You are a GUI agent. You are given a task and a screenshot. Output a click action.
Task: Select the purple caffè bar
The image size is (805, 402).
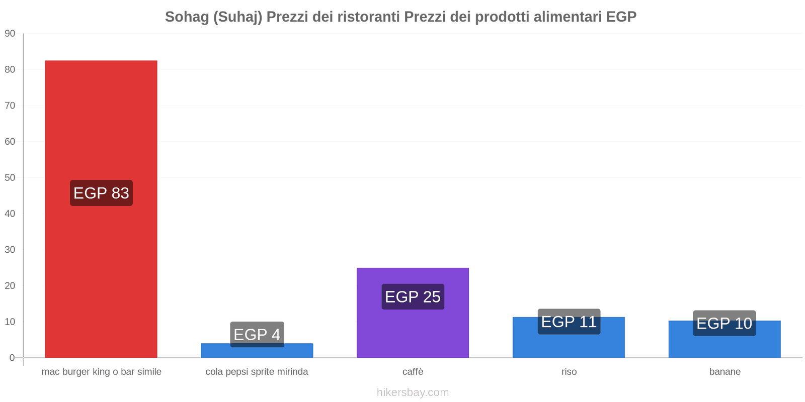pos(413,332)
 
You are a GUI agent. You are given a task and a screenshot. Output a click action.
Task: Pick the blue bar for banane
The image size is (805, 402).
pos(725,347)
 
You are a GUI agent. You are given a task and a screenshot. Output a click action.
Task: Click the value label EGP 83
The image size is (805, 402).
pos(101,193)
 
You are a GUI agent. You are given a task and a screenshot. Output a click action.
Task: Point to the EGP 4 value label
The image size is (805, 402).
pos(257,334)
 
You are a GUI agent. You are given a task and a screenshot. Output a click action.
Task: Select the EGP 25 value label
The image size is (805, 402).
pos(413,296)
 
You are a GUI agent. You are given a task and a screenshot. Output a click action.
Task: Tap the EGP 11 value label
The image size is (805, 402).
pos(569,322)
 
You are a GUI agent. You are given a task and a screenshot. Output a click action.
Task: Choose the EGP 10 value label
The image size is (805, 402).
pos(724,323)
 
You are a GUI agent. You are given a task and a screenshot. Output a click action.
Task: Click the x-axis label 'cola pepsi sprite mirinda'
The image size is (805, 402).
pos(257,372)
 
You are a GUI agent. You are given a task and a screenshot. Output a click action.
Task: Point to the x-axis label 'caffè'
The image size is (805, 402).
pos(413,372)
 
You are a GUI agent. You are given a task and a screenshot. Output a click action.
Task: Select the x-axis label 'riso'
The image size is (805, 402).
pos(569,372)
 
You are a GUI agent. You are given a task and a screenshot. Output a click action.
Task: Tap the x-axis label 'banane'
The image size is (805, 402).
pos(725,372)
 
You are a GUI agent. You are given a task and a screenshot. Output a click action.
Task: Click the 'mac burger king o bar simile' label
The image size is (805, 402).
pos(101,372)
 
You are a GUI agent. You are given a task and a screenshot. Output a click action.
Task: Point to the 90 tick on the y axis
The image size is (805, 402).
pos(10,34)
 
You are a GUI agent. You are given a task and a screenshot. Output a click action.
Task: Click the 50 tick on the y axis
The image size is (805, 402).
pos(10,177)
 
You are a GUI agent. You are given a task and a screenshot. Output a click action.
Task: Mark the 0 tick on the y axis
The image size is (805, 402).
pos(12,358)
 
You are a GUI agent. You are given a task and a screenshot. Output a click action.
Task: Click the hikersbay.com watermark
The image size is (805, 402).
pos(413,392)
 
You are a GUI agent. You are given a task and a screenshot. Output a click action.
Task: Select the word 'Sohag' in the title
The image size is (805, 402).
pos(187,17)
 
